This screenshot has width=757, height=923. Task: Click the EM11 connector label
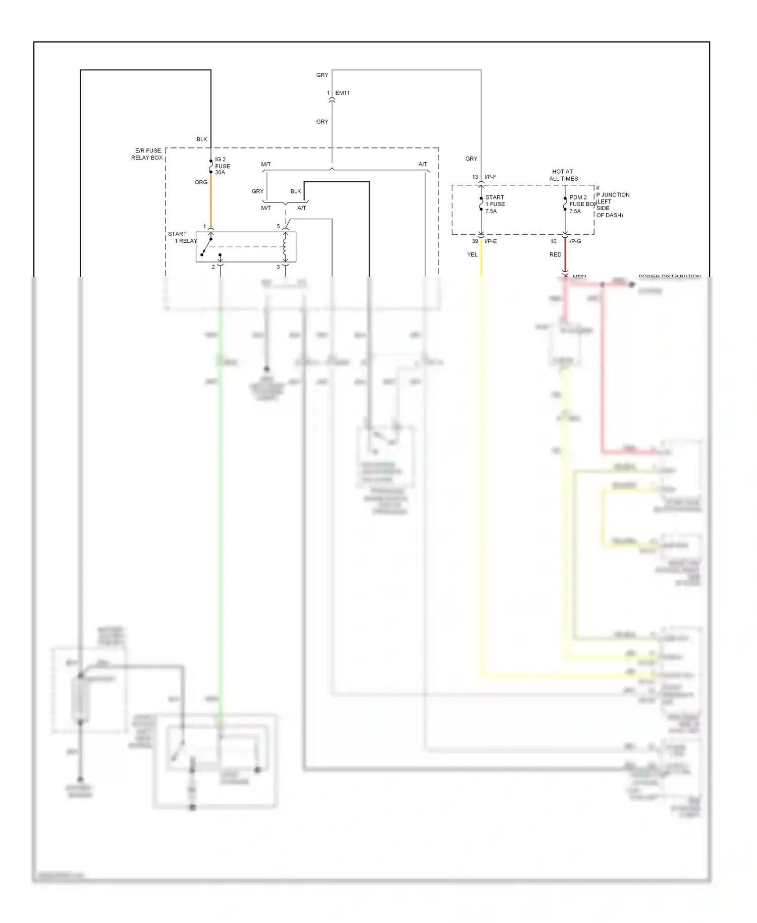(342, 93)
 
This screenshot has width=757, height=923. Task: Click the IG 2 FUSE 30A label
(222, 166)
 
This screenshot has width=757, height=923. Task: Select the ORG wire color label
(201, 182)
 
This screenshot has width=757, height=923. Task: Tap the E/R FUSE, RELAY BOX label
(147, 154)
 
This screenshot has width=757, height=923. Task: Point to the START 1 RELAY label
(182, 237)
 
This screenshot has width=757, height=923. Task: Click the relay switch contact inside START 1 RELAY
(206, 247)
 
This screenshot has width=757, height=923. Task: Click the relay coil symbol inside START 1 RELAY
(285, 247)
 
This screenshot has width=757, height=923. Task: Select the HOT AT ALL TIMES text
(563, 175)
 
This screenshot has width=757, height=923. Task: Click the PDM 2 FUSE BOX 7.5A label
(582, 204)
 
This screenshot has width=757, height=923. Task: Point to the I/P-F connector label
(490, 177)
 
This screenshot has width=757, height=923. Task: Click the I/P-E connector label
(490, 241)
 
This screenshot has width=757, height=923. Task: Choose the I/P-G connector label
(574, 241)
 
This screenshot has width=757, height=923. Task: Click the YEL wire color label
(472, 254)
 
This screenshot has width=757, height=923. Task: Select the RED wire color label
(555, 254)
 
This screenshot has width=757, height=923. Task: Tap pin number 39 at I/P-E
(475, 241)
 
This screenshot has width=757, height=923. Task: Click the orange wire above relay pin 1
(211, 202)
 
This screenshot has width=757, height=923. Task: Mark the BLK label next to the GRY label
(296, 191)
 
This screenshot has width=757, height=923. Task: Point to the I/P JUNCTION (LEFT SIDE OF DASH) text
(612, 201)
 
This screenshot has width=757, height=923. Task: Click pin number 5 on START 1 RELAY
(278, 226)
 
